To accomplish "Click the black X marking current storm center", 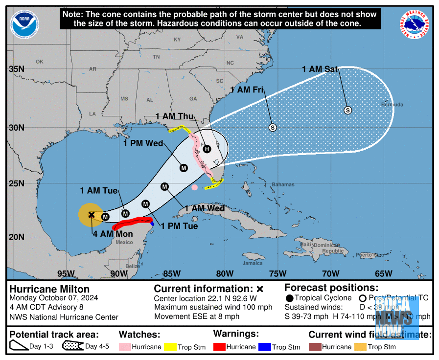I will pyautogui.click(x=92, y=214).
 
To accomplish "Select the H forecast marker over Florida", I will pyautogui.click(x=207, y=149).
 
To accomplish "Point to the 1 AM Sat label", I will pyautogui.click(x=320, y=69).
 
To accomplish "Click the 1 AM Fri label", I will pyautogui.click(x=247, y=90).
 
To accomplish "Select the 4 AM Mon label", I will pyautogui.click(x=113, y=234).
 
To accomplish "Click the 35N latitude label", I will pyautogui.click(x=17, y=69).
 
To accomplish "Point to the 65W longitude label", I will pyautogui.click(x=383, y=273).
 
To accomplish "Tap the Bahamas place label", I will pyautogui.click(x=283, y=184).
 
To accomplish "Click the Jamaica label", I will pyautogui.click(x=253, y=263).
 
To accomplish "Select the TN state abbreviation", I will pyautogui.click(x=156, y=57).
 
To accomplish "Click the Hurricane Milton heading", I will pyautogui.click(x=49, y=289).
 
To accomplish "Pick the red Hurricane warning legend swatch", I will pyautogui.click(x=219, y=347).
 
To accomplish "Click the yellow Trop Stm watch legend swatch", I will pyautogui.click(x=170, y=347).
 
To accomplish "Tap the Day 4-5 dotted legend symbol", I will pyautogui.click(x=72, y=346).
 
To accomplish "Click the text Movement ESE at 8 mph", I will pyautogui.click(x=197, y=316).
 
